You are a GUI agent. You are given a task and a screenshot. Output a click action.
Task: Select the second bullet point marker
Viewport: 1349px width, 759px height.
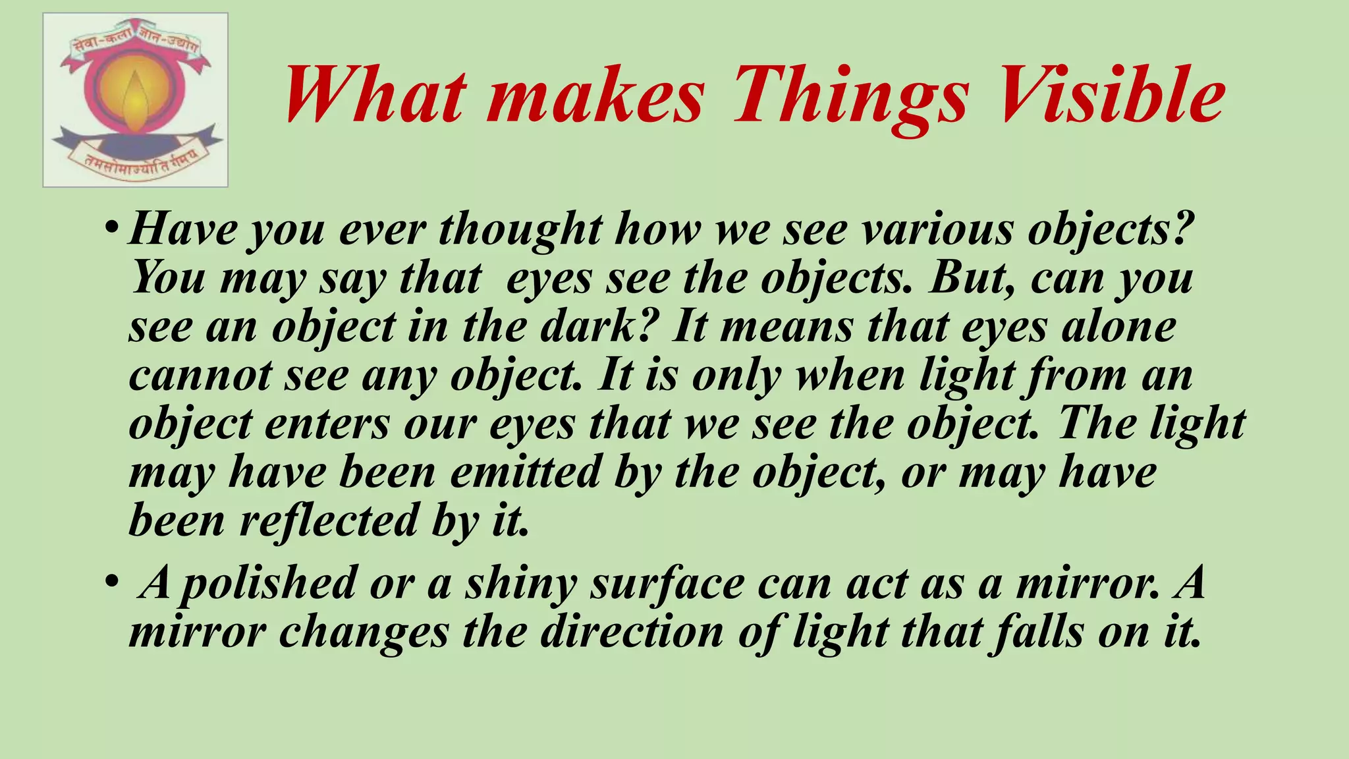click(111, 582)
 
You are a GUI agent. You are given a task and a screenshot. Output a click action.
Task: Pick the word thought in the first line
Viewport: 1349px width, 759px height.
click(520, 229)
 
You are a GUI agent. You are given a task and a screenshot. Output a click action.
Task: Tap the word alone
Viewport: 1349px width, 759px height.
click(1119, 326)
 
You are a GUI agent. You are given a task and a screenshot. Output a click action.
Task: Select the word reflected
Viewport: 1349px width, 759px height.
click(329, 520)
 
